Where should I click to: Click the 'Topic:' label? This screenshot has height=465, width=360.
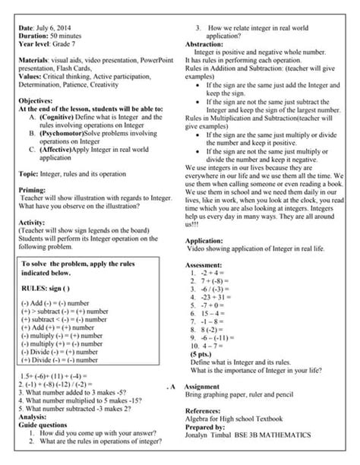click(29, 173)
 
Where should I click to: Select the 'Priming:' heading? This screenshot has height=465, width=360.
click(34, 190)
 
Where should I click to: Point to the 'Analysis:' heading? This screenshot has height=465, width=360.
click(33, 417)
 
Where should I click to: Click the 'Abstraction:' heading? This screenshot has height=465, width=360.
click(207, 46)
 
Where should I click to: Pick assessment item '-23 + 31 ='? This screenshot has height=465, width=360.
click(218, 296)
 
